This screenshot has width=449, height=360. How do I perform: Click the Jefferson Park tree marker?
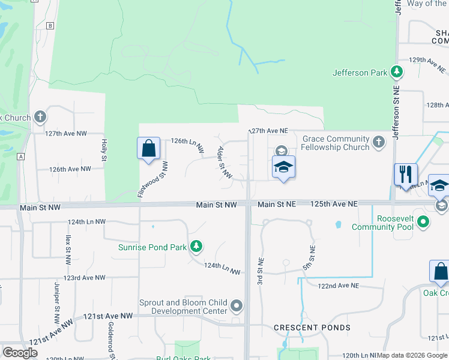pos(396,73)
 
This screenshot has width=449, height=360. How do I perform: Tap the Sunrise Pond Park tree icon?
pos(196,247)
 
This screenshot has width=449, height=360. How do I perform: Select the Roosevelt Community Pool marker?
pos(424,223)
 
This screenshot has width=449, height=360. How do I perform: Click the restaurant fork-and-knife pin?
pos(406,173)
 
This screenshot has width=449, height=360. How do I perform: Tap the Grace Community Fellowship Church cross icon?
pos(378,142)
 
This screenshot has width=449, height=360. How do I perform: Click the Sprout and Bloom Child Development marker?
pos(237,307)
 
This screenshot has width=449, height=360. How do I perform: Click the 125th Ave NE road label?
pos(334,205)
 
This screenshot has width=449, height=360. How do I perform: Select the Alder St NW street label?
pos(225,162)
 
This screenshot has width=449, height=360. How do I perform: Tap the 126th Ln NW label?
pos(187,143)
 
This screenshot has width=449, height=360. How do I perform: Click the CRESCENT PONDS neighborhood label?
pos(312,328)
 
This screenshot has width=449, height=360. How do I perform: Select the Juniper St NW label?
pos(58,296)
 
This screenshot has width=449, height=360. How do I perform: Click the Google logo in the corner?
pos(20,353)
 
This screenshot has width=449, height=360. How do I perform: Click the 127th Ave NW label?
pos(66,133)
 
